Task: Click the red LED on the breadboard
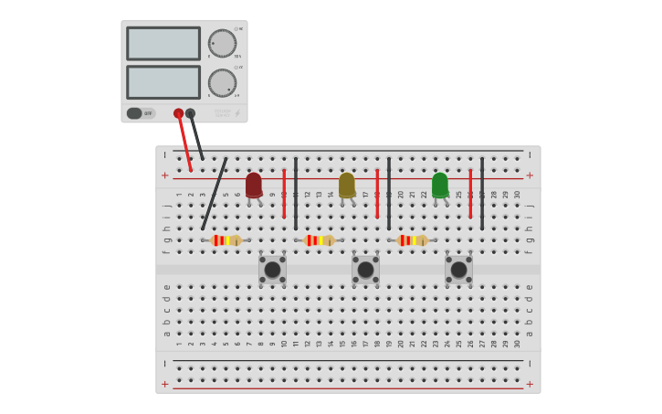(254, 185)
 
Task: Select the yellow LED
(347, 185)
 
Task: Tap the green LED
(440, 185)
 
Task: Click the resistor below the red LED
(225, 240)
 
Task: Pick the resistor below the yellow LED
(318, 240)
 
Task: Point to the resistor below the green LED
(411, 240)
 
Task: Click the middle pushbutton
(365, 270)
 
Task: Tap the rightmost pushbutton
(458, 270)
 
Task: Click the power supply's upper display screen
(163, 44)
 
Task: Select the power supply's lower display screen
(163, 82)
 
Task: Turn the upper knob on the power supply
(222, 43)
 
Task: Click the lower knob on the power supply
(222, 83)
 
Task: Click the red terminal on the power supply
(179, 113)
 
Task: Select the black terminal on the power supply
(190, 113)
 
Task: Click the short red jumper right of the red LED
(284, 193)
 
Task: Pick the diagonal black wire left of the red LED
(215, 194)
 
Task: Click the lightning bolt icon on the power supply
(237, 113)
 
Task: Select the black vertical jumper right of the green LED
(482, 193)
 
